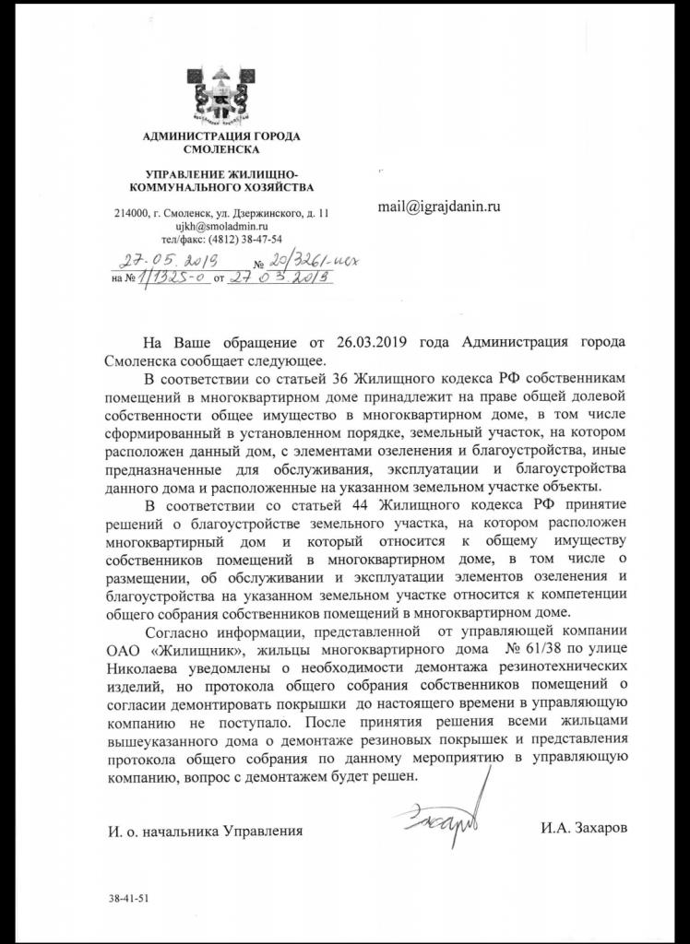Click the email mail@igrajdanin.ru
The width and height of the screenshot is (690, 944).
[439, 207]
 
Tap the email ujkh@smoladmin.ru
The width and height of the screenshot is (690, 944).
[220, 226]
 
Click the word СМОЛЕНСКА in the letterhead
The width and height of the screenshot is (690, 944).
[221, 148]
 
